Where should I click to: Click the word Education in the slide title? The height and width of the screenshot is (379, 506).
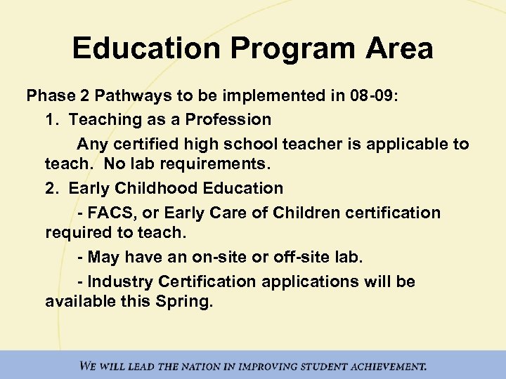(144, 48)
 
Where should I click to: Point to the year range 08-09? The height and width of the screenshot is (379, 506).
(371, 96)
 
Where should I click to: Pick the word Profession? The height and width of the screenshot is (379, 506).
(228, 119)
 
